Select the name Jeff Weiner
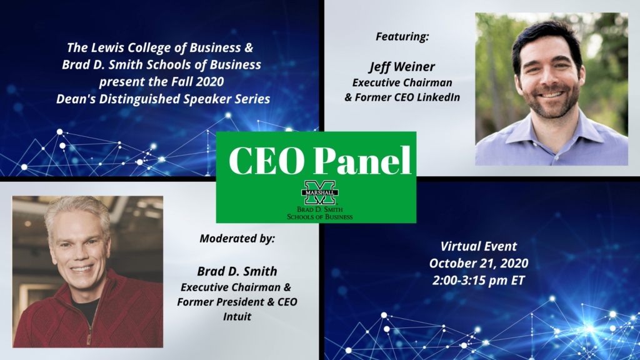pos(402,67)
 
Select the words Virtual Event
pos(478,246)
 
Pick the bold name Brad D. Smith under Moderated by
pos(238,272)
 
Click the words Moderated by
pos(237,239)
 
